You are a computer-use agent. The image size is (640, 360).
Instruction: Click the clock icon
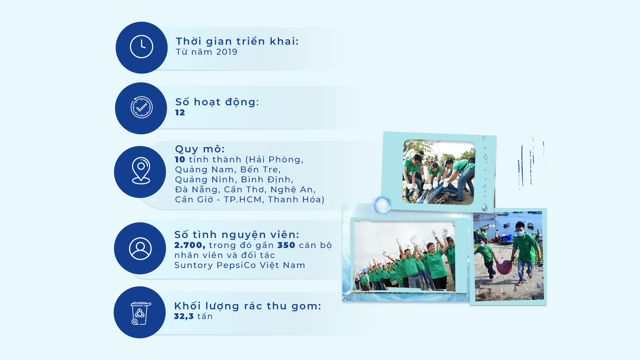141,47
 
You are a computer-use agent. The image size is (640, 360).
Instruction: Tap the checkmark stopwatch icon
141,107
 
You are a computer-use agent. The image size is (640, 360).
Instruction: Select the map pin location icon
141,170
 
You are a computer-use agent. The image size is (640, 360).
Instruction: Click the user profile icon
140,248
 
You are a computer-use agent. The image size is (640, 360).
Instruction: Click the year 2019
227,52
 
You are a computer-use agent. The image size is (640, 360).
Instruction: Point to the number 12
180,113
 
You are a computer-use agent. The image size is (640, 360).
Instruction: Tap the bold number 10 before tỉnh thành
180,160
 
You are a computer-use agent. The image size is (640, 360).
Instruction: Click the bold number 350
286,245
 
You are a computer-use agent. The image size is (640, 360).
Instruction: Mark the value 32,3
184,316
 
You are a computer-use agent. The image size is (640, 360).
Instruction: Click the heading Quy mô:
200,149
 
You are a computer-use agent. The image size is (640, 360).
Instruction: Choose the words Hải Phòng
275,160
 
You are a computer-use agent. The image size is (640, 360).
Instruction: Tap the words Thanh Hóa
294,200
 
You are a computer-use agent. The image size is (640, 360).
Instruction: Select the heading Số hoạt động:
217,102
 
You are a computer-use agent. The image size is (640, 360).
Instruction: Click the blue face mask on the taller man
520,234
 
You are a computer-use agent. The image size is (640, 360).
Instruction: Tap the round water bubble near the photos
382,205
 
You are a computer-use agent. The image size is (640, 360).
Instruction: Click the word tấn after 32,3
205,316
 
